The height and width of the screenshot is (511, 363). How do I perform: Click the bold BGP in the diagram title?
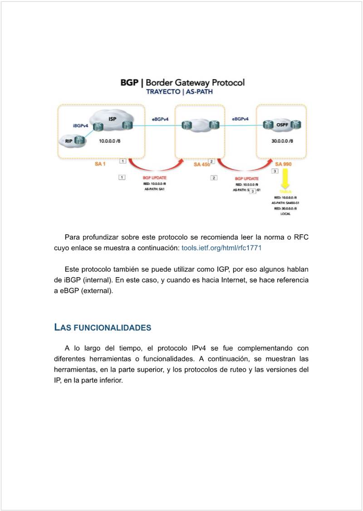[x=129, y=83]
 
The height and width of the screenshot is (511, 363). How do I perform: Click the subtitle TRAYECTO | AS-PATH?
[x=179, y=91]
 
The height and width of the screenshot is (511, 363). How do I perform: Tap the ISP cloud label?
[x=112, y=119]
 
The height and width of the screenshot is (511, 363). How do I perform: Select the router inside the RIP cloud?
[x=80, y=141]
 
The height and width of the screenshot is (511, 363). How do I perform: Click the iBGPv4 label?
[x=80, y=125]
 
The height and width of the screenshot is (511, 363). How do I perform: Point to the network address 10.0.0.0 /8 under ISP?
[x=110, y=141]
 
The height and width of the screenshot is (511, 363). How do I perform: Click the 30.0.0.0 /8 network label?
[x=282, y=141]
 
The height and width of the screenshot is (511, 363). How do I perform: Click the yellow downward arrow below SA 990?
[x=285, y=179]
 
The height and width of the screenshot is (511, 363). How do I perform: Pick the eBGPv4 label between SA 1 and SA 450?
[x=160, y=119]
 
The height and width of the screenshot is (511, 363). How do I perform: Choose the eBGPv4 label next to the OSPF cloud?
[x=240, y=119]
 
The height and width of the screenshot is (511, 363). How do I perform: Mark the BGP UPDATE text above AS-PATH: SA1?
[x=154, y=178]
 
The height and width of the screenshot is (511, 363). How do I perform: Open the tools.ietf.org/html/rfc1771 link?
[x=221, y=248]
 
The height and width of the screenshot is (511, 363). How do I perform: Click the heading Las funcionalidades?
[x=103, y=327]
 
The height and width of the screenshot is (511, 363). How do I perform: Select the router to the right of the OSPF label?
[x=296, y=124]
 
